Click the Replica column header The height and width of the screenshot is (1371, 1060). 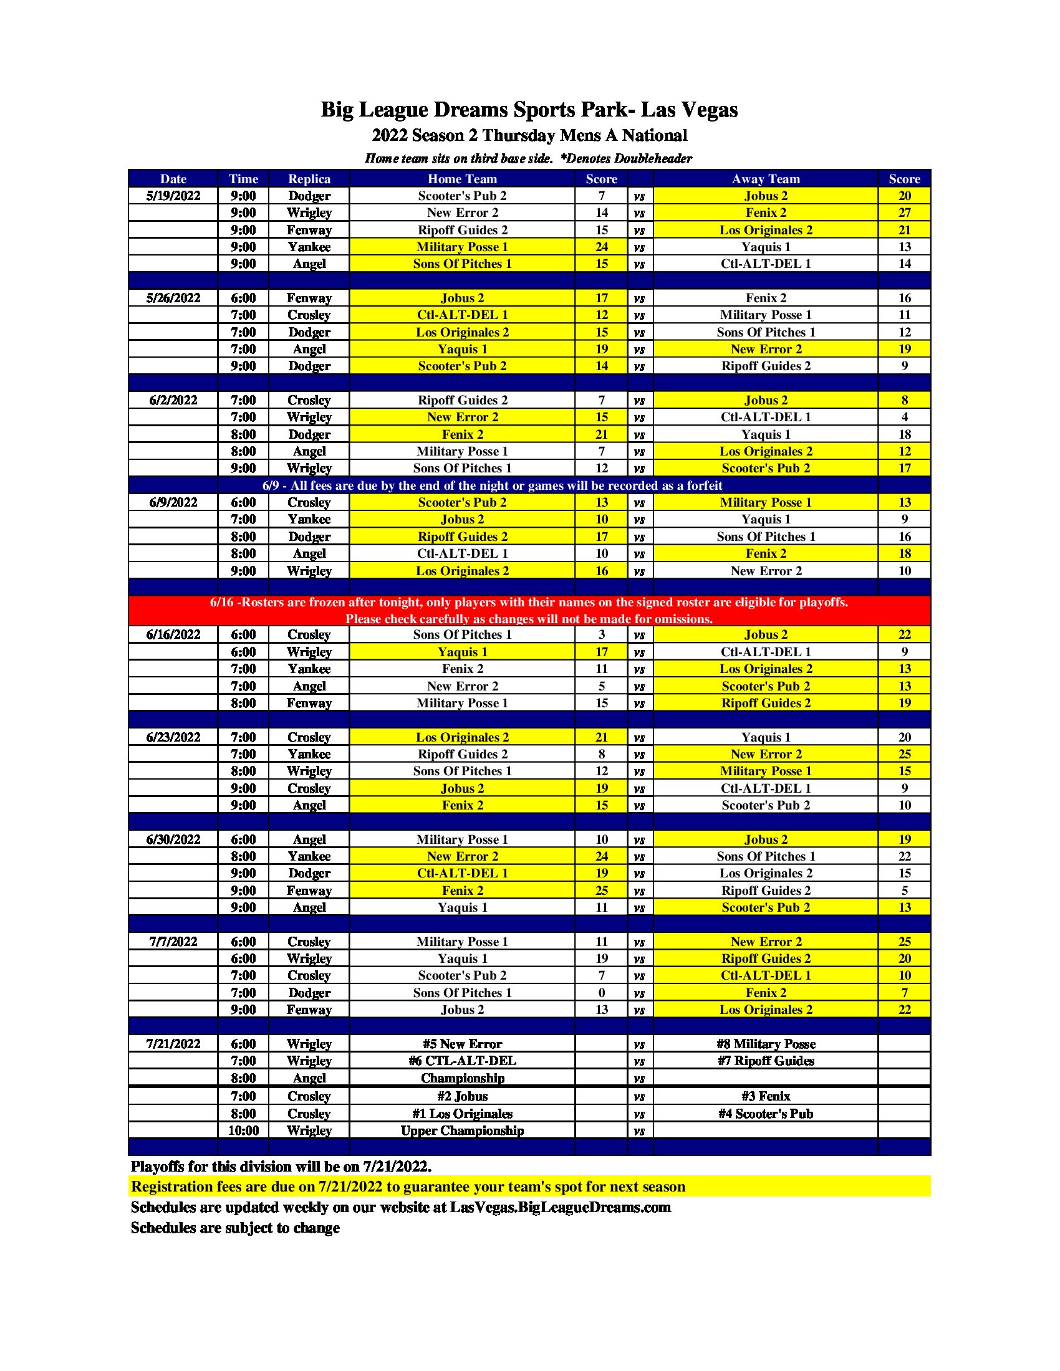(309, 179)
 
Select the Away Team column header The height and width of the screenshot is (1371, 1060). (766, 179)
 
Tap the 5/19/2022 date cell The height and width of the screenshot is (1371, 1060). (173, 196)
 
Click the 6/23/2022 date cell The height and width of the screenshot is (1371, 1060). (173, 737)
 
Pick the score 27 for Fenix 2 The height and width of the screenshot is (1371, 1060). (904, 213)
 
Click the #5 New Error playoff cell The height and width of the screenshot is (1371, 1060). (462, 1044)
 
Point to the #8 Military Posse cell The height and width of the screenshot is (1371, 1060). (766, 1044)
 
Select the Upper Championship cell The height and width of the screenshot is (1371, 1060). (462, 1130)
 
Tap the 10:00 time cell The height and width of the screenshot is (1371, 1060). (243, 1130)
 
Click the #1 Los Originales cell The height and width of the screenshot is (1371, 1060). (462, 1114)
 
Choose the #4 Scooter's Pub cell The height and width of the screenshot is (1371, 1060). (766, 1114)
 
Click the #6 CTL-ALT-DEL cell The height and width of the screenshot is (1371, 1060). (462, 1061)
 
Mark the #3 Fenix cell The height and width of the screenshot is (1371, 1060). (766, 1096)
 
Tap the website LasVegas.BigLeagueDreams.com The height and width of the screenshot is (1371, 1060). (560, 1207)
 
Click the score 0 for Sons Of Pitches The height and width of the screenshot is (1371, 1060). (602, 993)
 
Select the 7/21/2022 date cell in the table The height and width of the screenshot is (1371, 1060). (173, 1044)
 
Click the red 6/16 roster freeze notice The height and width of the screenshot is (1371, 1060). (529, 610)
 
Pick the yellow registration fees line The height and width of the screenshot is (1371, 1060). (408, 1187)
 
